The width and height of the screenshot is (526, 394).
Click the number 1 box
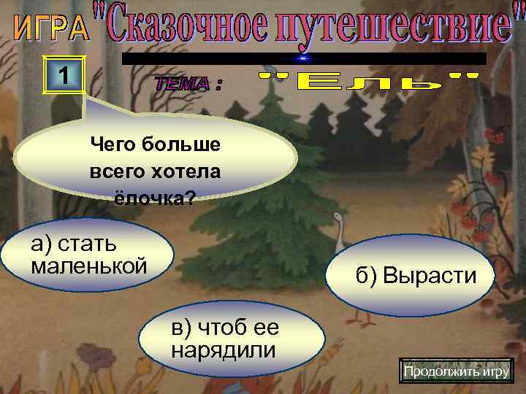point(65,74)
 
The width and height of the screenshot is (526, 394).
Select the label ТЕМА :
point(188,85)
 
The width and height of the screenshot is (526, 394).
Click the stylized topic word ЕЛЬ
point(370,82)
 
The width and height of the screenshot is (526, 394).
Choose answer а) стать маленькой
point(88,254)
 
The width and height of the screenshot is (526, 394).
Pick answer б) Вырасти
point(416,275)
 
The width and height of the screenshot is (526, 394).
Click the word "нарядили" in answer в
point(224,349)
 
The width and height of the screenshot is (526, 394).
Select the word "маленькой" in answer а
point(89,265)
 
